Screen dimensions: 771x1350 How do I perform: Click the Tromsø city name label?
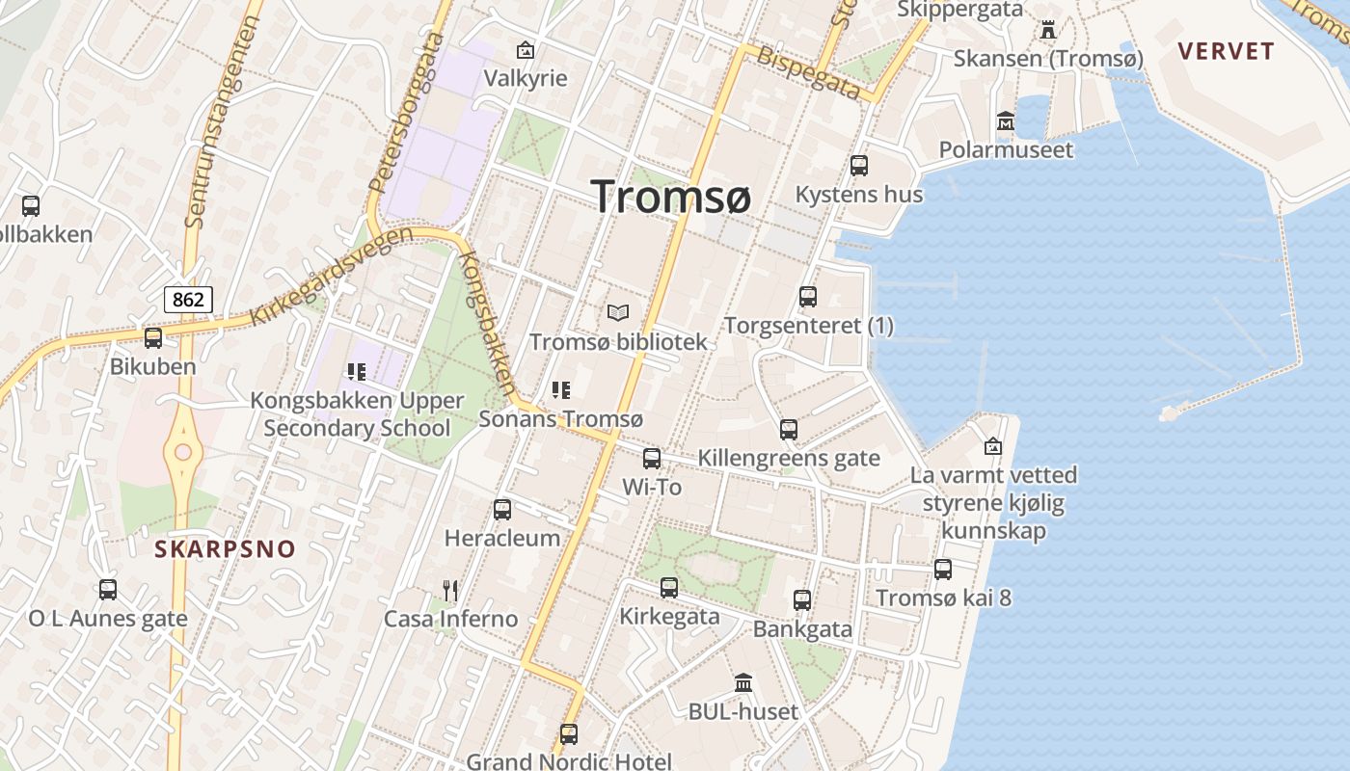coord(671,197)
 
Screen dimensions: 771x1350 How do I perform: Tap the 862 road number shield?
coord(188,299)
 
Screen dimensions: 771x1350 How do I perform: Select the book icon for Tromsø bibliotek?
coord(618,312)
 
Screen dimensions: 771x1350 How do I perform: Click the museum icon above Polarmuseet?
coord(1006,121)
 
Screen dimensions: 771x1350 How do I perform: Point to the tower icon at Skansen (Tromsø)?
coord(1048,30)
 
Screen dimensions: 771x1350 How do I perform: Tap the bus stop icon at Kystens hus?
coord(859,165)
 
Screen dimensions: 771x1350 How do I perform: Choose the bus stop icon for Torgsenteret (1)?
coord(808,296)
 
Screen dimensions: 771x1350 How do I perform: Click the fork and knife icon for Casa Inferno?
coord(450,590)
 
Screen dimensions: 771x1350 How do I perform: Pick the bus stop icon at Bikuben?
coord(152,337)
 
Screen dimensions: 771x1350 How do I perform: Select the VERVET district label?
coord(1227,51)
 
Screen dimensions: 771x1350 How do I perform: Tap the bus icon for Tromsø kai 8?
coord(943,569)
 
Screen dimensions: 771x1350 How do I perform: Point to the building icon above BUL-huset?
coord(743,683)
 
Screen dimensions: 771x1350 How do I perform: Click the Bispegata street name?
coord(808,71)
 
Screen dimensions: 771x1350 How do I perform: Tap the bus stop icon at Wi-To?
coord(652,458)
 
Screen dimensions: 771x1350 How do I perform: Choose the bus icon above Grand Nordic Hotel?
coord(569,733)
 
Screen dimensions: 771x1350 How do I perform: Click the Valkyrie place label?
coord(526,78)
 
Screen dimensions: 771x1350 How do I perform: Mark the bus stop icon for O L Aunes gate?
coord(108,589)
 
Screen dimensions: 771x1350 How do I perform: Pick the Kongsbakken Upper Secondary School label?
coord(357,413)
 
